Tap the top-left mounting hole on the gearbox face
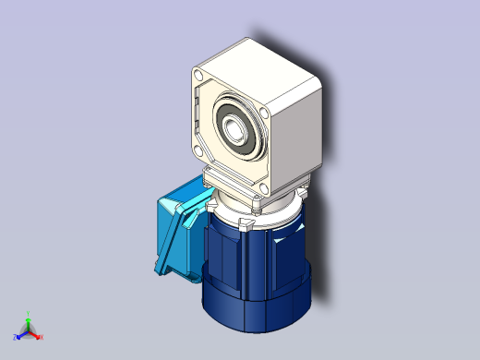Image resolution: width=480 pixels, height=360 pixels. [x=199, y=76]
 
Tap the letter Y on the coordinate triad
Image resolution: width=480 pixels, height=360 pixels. [x=29, y=312]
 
